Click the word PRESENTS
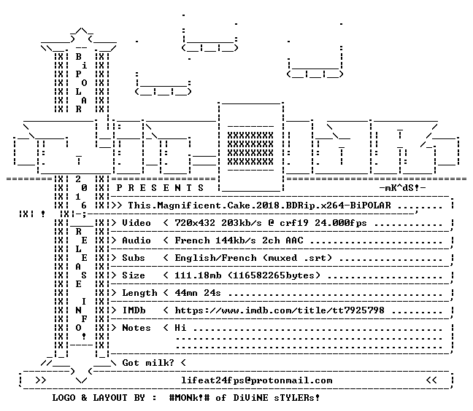tap(160, 188)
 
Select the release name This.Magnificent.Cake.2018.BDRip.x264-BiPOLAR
tap(259, 205)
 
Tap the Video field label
tap(136, 223)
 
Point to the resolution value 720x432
tap(195, 223)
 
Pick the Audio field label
tap(136, 240)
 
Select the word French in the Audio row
tap(192, 240)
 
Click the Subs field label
tap(134, 258)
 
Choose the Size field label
tap(134, 275)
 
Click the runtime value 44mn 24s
tap(198, 293)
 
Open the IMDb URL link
tap(280, 310)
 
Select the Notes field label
tap(136, 328)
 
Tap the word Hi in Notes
tap(180, 328)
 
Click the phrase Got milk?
tap(148, 362)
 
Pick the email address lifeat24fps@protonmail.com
tap(256, 380)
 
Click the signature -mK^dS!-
tap(402, 188)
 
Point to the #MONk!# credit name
tap(189, 398)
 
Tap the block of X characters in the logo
tap(250, 149)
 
